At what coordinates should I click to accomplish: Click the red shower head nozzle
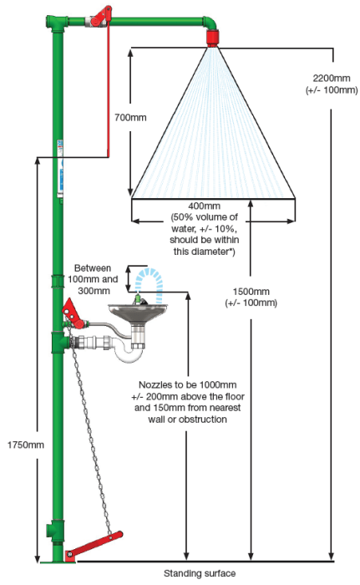click(213, 38)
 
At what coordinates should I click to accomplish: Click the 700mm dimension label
click(130, 118)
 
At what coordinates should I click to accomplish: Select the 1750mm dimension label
click(26, 445)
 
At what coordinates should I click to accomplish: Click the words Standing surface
click(200, 573)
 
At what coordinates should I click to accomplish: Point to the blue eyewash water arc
click(149, 278)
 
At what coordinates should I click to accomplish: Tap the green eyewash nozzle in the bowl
click(138, 298)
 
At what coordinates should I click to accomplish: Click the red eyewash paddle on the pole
click(74, 313)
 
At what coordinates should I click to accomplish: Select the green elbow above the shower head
click(210, 23)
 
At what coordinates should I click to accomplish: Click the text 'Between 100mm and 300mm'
click(93, 279)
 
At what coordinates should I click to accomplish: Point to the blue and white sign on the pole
click(59, 168)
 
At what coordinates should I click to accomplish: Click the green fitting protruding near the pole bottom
click(50, 530)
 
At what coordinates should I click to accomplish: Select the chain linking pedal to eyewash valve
click(89, 429)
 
